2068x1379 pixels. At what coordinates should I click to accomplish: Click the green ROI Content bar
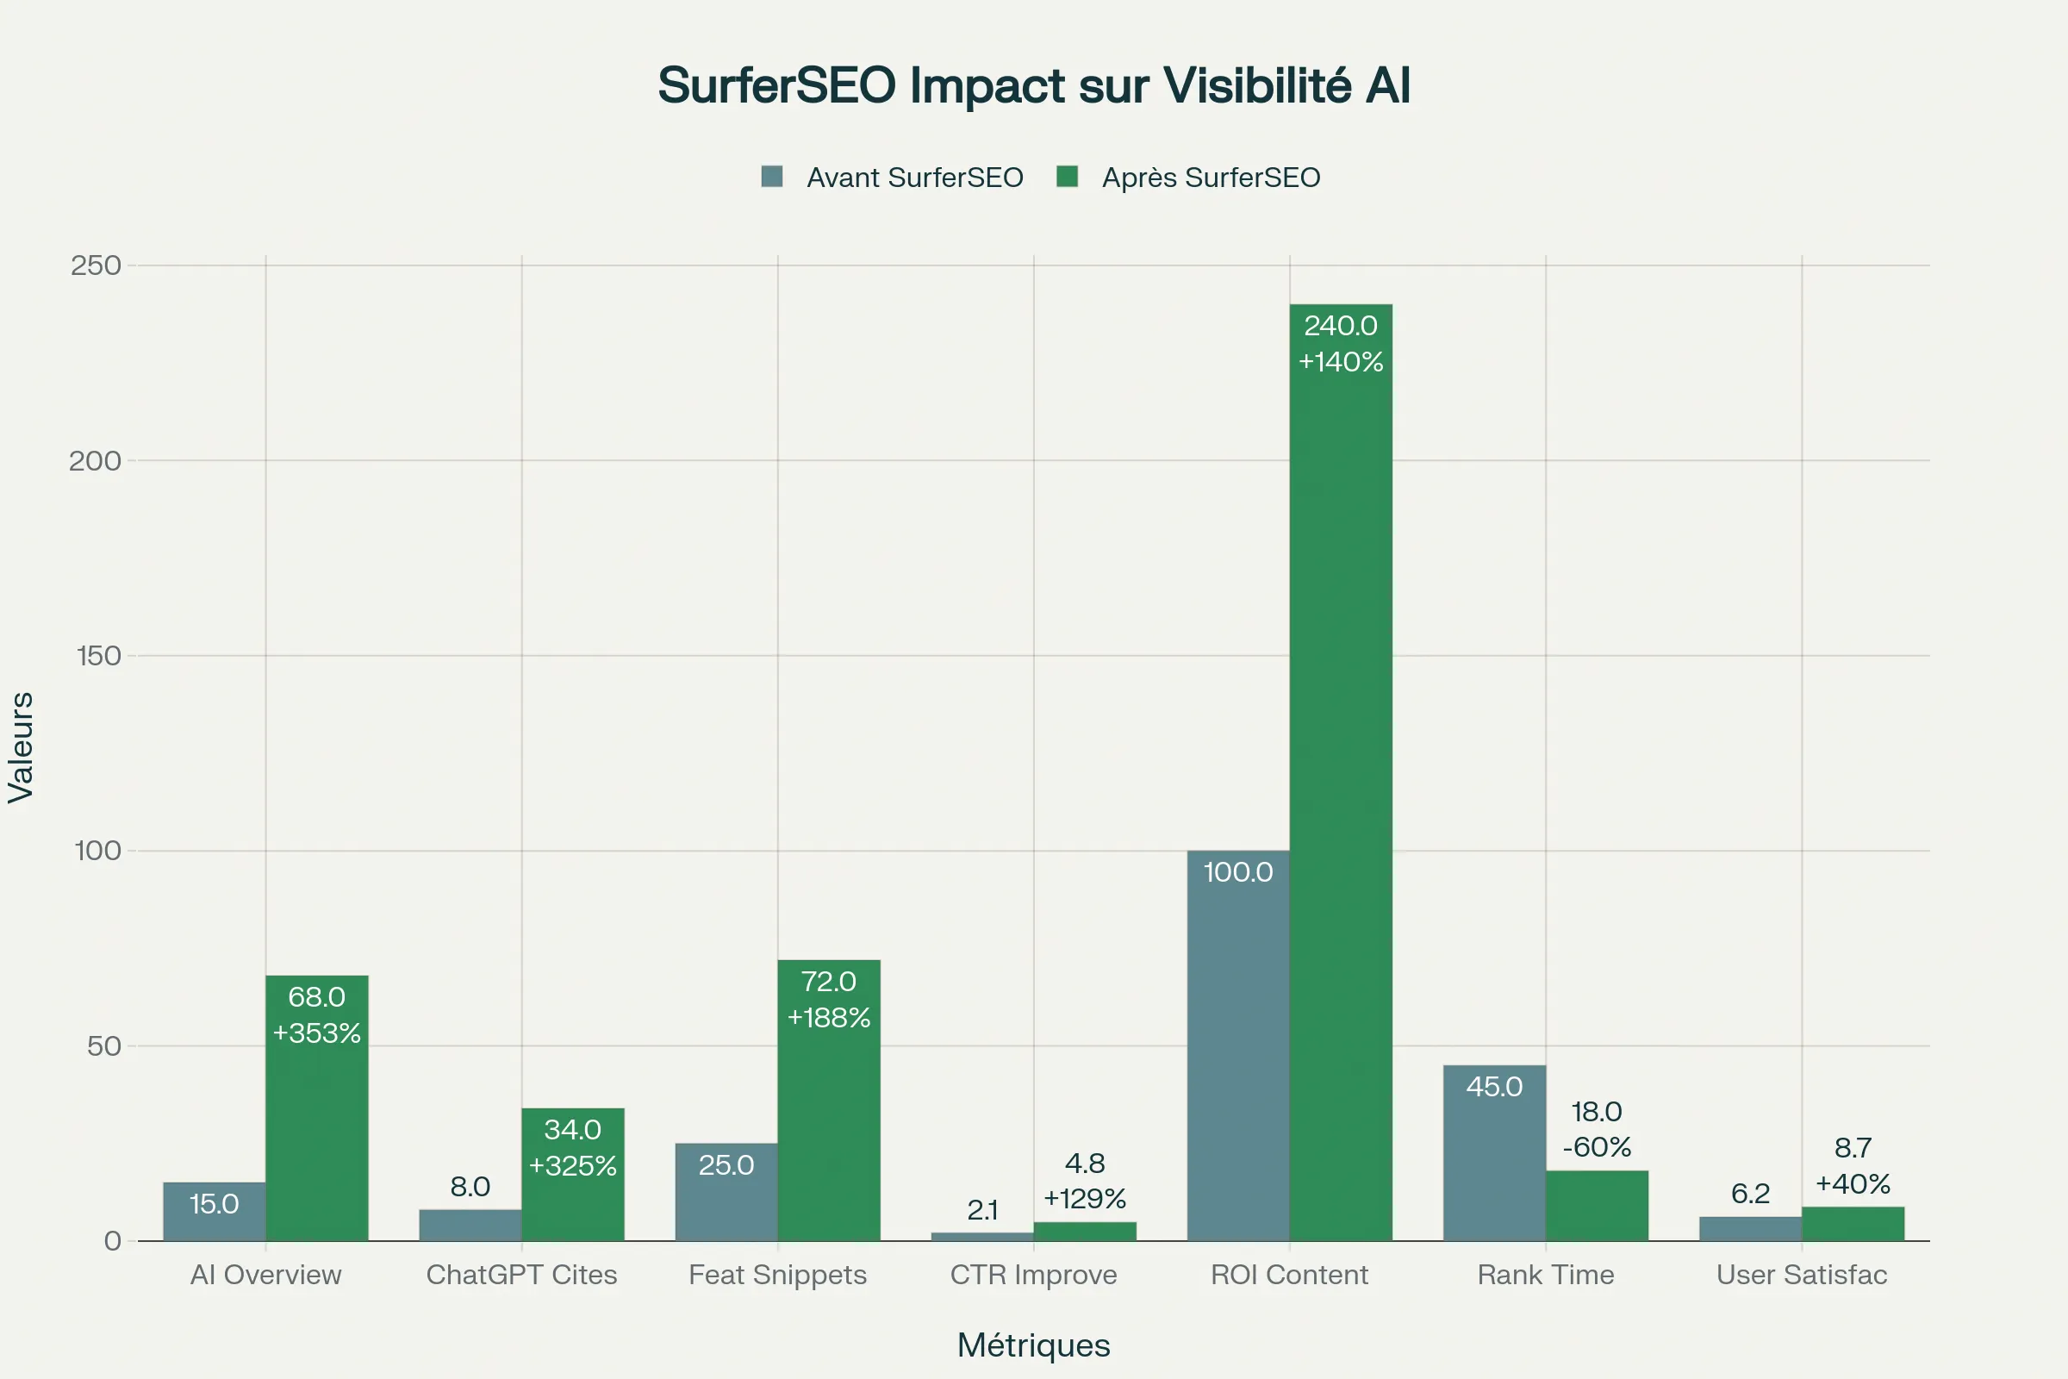pos(1340,774)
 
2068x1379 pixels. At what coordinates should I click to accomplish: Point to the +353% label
pos(316,1033)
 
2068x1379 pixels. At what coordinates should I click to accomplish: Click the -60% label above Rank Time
pos(1597,1148)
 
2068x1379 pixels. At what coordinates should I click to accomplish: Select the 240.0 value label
pos(1340,327)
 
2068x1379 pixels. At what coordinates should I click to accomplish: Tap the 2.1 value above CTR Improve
pos(982,1211)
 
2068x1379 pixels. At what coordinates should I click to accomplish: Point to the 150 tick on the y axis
pos(98,656)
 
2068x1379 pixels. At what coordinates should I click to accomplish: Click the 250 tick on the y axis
pos(96,265)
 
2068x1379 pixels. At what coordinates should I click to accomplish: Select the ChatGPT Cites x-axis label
pos(521,1276)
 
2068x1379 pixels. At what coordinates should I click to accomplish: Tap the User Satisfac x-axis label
pos(1802,1276)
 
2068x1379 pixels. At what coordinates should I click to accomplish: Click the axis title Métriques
pos(1033,1345)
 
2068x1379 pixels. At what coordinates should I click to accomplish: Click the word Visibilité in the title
pos(1256,85)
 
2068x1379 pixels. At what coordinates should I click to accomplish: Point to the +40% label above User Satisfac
pos(1853,1184)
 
